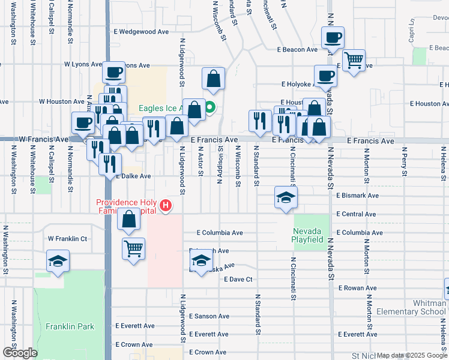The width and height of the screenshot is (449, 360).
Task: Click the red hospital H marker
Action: point(166,207)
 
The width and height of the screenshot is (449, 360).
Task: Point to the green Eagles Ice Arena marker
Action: point(210,109)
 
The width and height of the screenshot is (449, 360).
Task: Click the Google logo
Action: point(19,352)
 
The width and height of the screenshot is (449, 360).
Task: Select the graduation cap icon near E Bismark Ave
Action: point(286,197)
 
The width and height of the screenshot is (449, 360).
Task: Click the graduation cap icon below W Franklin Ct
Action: point(58,261)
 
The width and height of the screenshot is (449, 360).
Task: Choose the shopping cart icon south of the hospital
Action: point(133,247)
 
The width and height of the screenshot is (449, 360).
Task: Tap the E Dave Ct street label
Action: point(238,280)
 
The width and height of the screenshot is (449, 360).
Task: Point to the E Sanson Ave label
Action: point(209,316)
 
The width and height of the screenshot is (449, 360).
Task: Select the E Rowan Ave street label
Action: point(357,288)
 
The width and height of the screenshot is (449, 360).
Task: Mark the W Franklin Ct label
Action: point(68,239)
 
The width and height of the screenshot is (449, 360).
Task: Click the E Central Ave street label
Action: point(357,214)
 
